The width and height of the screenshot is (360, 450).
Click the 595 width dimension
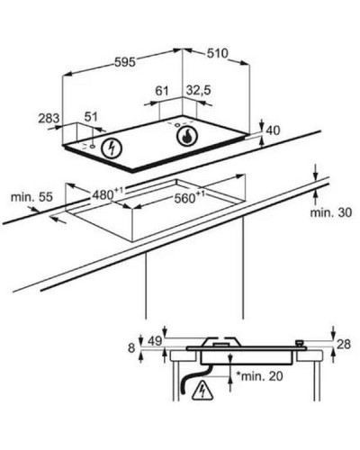click(x=125, y=62)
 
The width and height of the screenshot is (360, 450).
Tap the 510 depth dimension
click(x=218, y=53)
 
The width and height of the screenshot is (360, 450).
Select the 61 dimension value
click(x=162, y=91)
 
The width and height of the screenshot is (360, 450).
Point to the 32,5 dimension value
click(x=199, y=90)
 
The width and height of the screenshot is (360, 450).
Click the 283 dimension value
click(x=49, y=118)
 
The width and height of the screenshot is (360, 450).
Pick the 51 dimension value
click(x=91, y=117)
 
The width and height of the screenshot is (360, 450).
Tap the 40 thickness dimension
click(x=273, y=130)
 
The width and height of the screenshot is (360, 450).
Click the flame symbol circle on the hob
click(x=187, y=137)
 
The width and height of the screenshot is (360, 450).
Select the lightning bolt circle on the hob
click(x=112, y=148)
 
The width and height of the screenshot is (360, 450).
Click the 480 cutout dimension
click(x=107, y=194)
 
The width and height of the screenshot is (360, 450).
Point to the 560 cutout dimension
click(x=190, y=197)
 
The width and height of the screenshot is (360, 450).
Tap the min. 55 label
click(x=31, y=197)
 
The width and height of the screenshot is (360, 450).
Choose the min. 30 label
click(x=331, y=212)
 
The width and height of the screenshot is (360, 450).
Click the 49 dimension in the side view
click(x=155, y=341)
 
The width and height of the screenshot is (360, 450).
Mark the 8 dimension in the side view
click(x=131, y=348)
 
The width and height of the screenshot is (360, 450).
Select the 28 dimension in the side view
click(x=344, y=345)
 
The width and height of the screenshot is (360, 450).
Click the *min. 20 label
click(x=259, y=376)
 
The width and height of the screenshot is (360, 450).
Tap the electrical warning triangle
click(x=202, y=391)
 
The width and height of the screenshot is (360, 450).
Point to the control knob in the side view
click(x=300, y=344)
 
